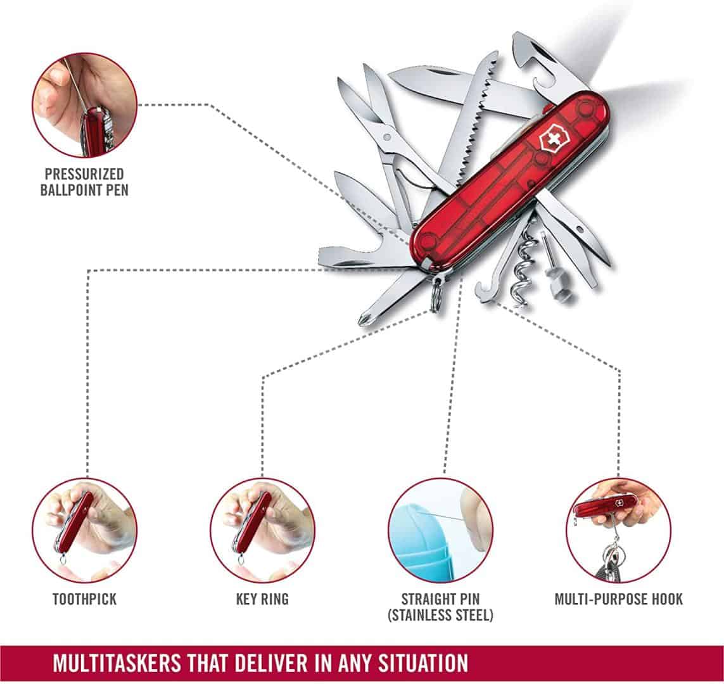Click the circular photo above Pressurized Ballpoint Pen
tap(84, 105)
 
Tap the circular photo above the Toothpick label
tap(84, 529)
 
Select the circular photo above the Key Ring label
tap(262, 529)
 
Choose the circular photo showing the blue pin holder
tap(440, 529)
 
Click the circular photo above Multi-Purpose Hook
tap(618, 529)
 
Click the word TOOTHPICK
tap(84, 598)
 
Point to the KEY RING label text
tap(262, 598)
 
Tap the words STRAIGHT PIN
tap(440, 598)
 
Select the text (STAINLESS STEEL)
tap(440, 615)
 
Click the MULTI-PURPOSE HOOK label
tap(619, 598)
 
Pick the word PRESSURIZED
tap(84, 174)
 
